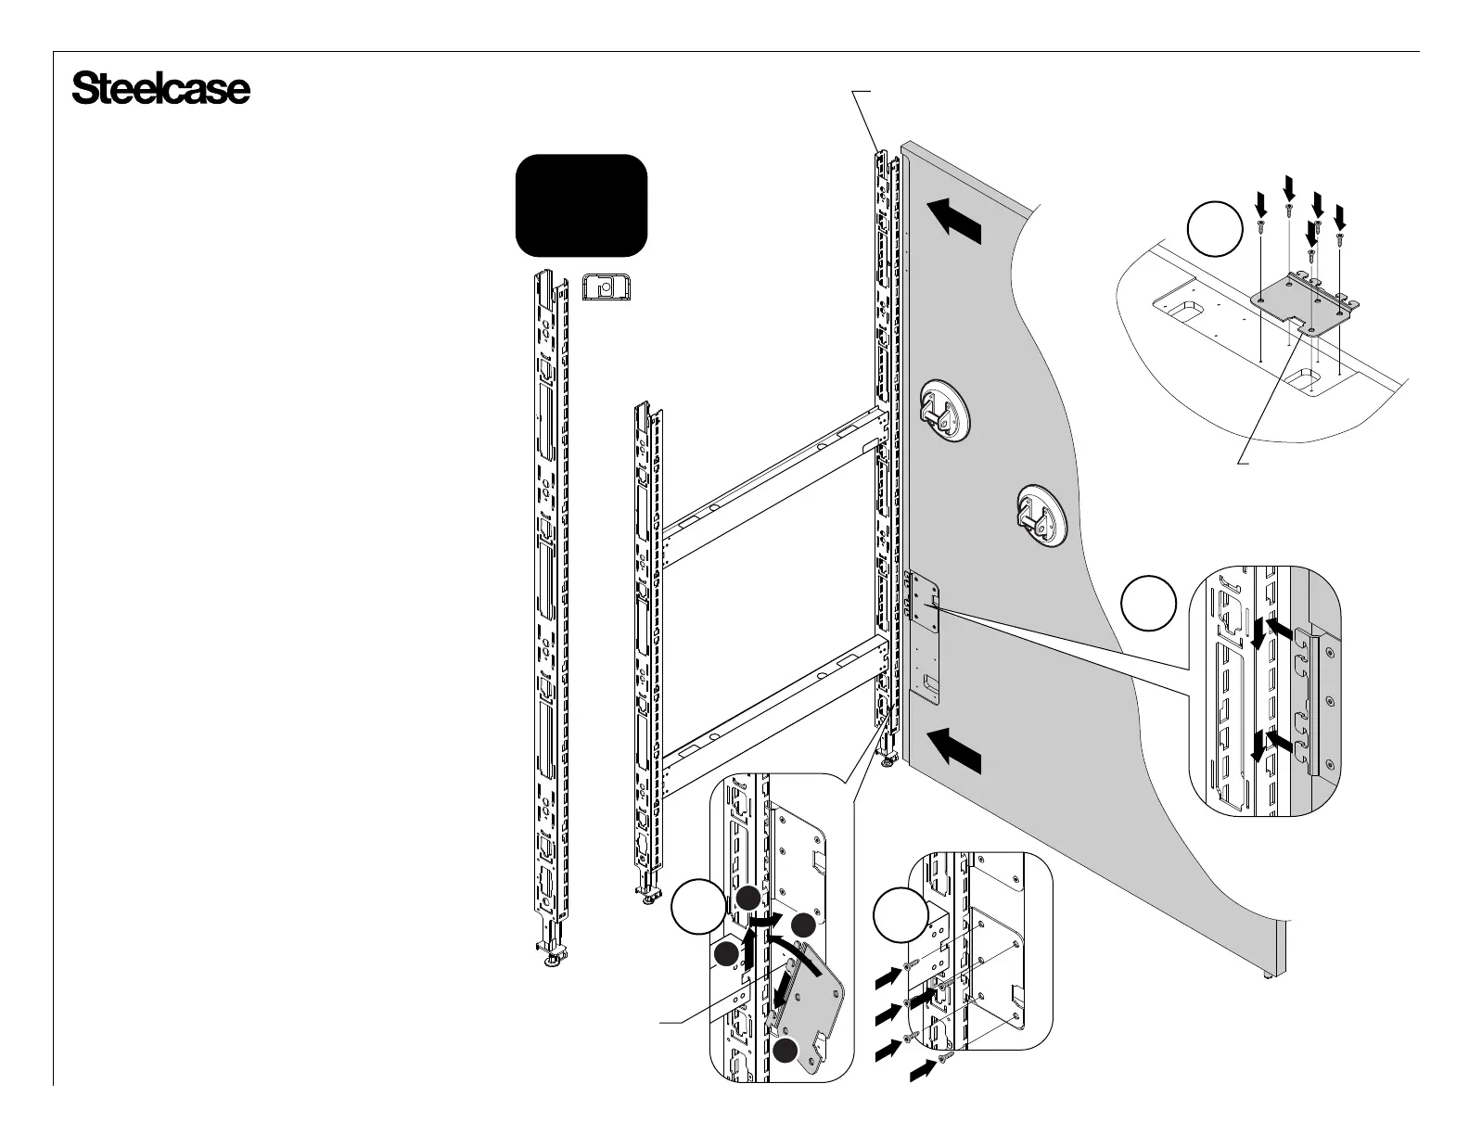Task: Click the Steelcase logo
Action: pyautogui.click(x=160, y=90)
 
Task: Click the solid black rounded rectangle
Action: pyautogui.click(x=581, y=205)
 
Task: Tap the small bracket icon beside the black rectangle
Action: pyautogui.click(x=606, y=287)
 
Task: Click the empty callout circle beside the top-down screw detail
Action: pyautogui.click(x=1215, y=231)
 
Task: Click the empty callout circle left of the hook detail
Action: pyautogui.click(x=1149, y=604)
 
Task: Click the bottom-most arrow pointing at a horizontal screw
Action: pyautogui.click(x=922, y=1072)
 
